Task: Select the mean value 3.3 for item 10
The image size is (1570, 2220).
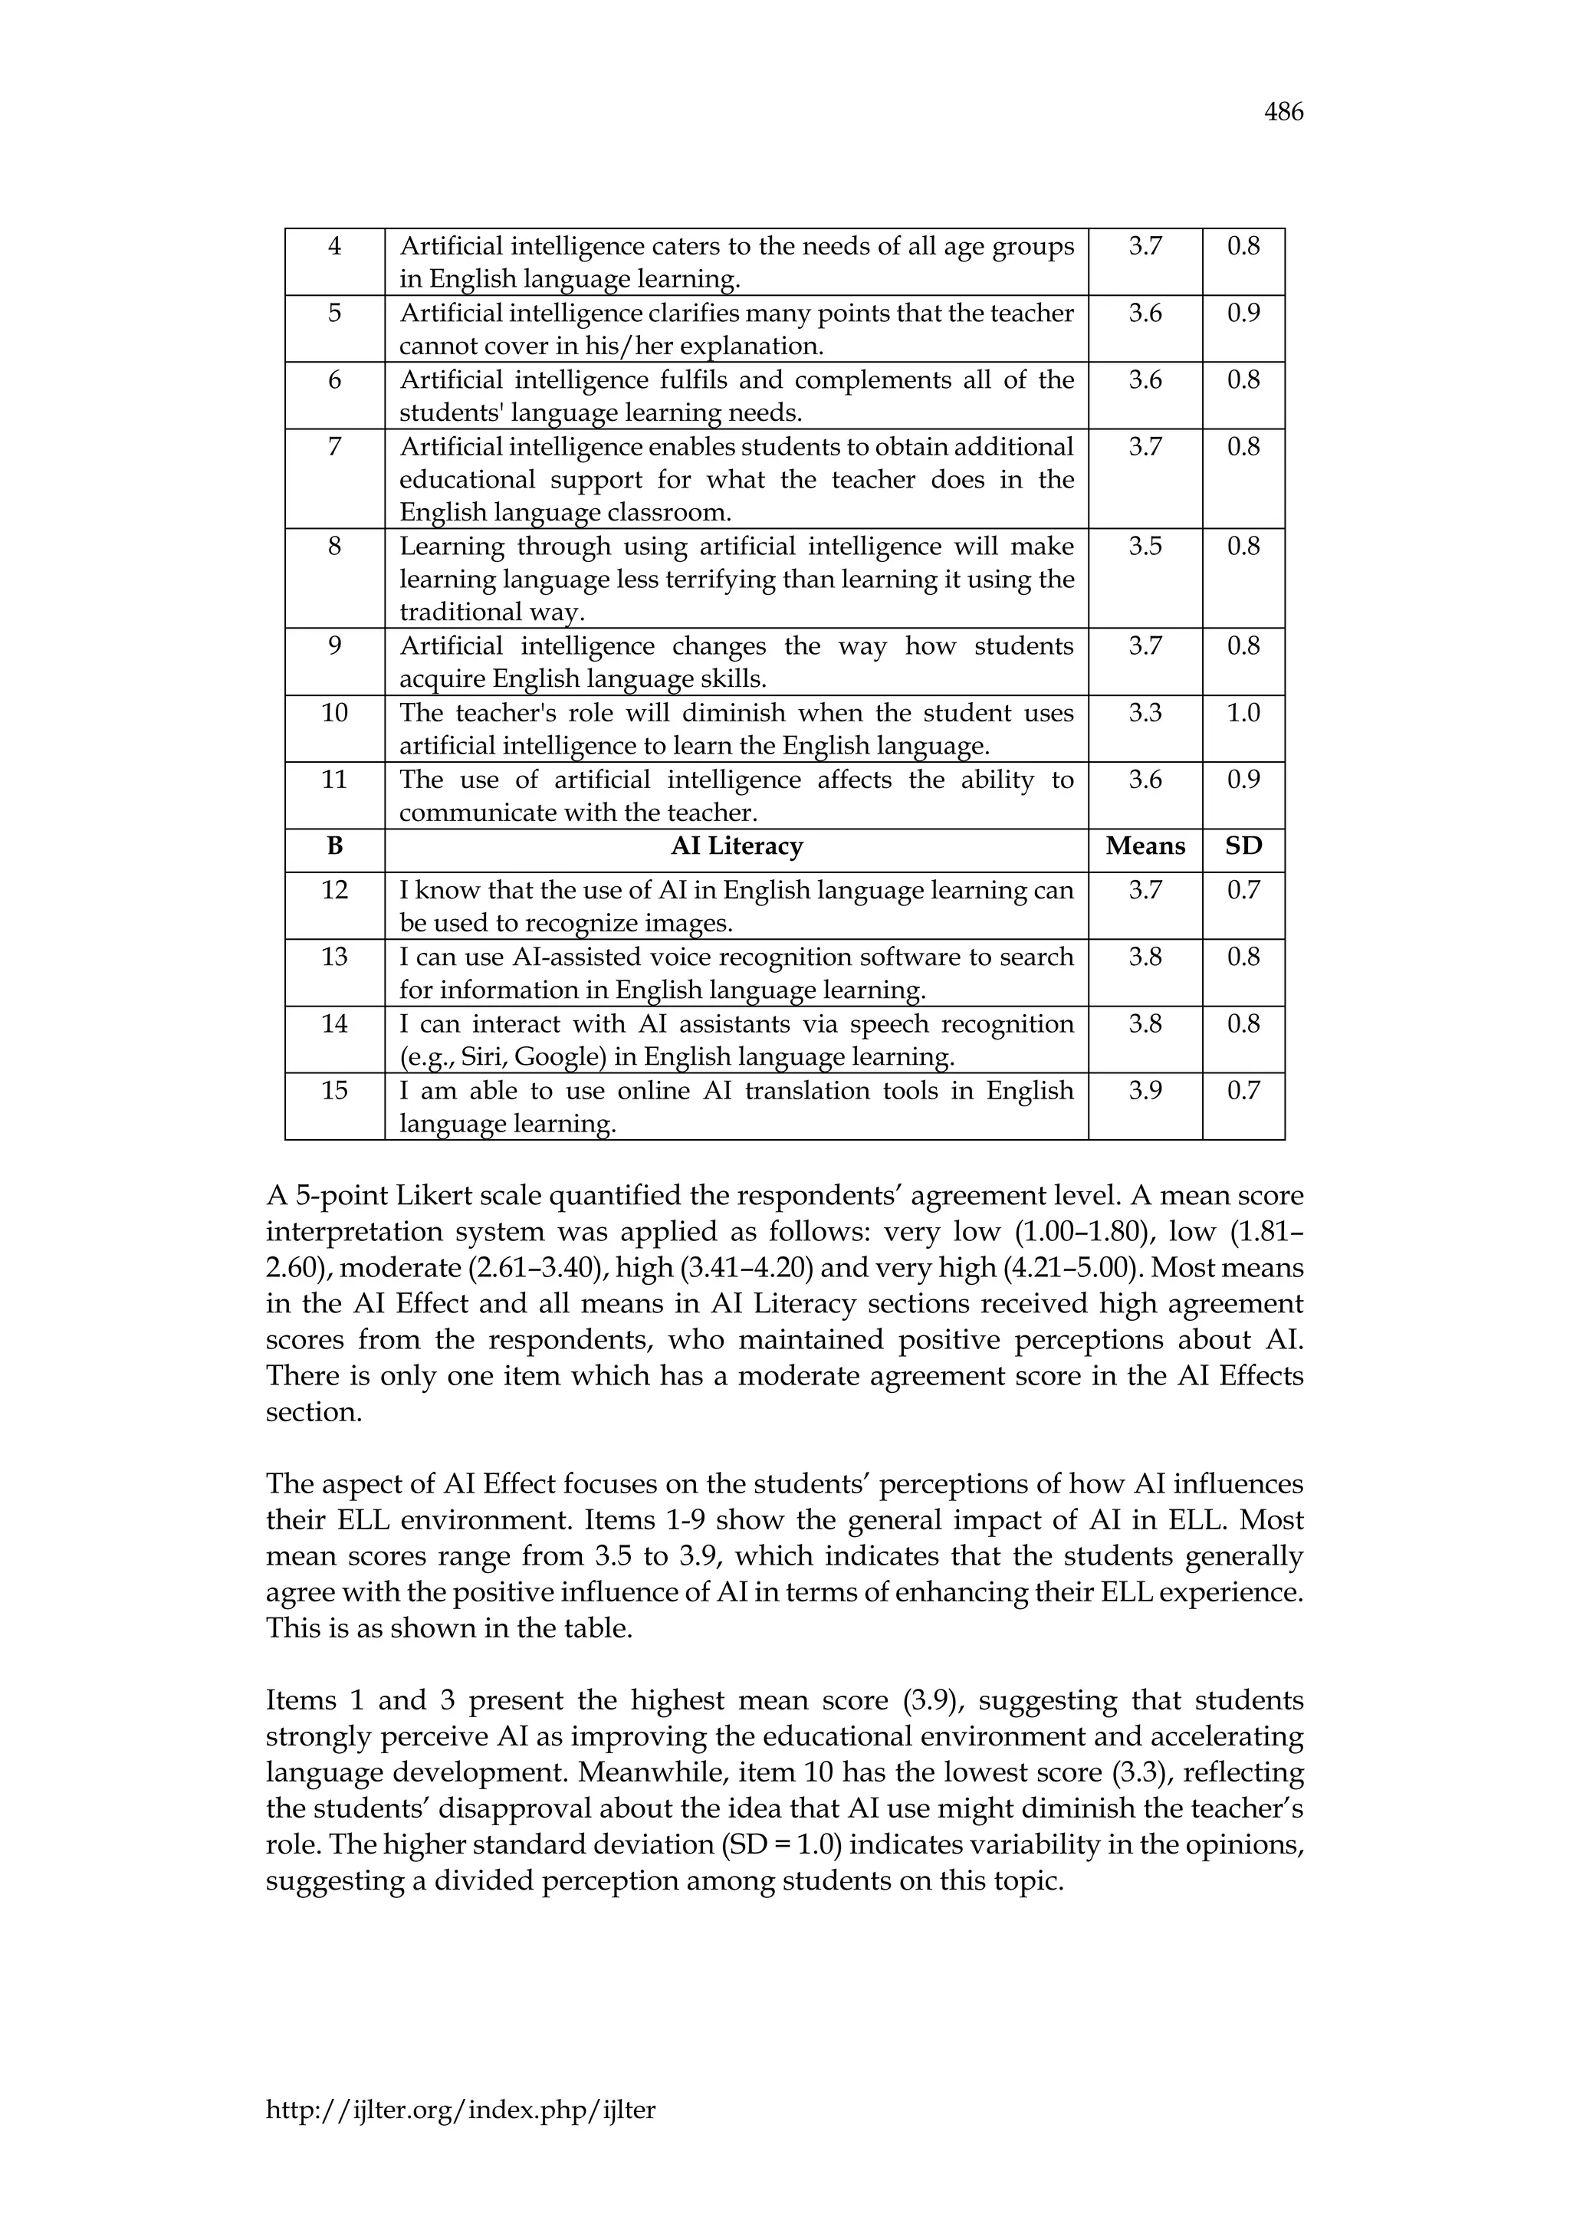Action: click(x=1145, y=713)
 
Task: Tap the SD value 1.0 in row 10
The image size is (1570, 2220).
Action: click(x=1243, y=713)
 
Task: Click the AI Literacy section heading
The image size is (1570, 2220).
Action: click(x=737, y=846)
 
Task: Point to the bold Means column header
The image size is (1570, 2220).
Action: click(x=1145, y=846)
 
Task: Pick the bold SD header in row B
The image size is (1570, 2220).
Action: click(x=1243, y=846)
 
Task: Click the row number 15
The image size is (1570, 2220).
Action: click(x=334, y=1091)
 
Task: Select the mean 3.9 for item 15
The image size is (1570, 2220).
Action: click(x=1145, y=1091)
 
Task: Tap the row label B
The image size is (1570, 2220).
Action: click(x=334, y=846)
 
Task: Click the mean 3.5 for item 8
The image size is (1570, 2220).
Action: click(x=1145, y=547)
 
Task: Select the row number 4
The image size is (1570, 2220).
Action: click(x=334, y=247)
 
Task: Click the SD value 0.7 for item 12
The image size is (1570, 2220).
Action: click(x=1243, y=889)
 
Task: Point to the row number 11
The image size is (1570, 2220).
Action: click(x=334, y=780)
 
